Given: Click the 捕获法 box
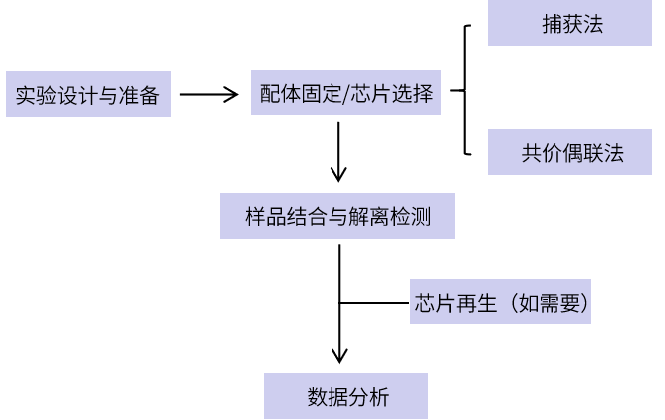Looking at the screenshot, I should (x=569, y=24).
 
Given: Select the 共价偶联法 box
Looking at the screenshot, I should (x=569, y=153).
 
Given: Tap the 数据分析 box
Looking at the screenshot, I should (x=345, y=397).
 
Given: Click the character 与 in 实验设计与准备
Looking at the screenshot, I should (x=108, y=97).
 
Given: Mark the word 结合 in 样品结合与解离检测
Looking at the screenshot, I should (x=301, y=216).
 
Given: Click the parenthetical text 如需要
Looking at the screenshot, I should (x=545, y=302).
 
